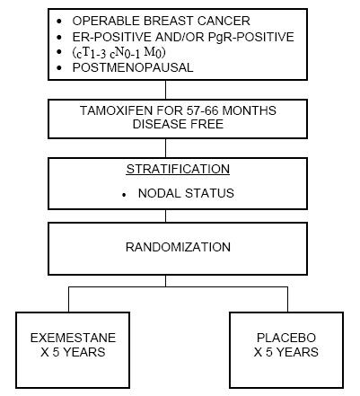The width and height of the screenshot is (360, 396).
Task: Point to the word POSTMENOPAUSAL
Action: tap(133, 67)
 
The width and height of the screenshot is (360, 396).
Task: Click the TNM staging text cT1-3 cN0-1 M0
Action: tap(119, 52)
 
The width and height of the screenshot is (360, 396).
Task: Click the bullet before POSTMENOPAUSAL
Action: tap(59, 67)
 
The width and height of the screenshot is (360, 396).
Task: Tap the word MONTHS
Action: tap(250, 110)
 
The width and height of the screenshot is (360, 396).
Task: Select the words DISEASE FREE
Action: tap(178, 124)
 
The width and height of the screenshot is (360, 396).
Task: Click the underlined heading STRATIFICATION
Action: tap(178, 169)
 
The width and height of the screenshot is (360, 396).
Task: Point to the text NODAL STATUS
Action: tap(186, 193)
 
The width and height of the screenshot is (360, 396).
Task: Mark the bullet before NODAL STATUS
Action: tap(124, 195)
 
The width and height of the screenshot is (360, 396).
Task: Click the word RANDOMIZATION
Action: tap(178, 248)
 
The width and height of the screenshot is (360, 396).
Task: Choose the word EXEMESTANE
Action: tap(73, 338)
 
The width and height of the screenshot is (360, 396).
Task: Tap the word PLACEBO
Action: tap(286, 338)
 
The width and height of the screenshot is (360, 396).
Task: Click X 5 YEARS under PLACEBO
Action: tap(286, 352)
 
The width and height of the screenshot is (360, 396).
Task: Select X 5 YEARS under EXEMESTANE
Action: tap(73, 352)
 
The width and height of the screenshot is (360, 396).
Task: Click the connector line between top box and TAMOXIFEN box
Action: tap(165, 90)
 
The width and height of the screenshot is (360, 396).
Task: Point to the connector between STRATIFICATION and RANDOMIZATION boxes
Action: tap(165, 216)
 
